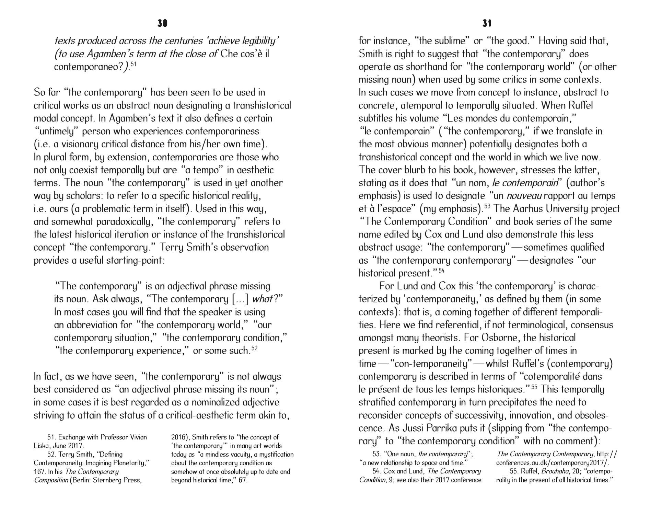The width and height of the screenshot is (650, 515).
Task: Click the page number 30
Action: coord(162,23)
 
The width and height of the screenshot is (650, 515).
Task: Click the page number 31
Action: coord(487,23)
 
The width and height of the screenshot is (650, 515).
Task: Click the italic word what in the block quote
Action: coord(262,299)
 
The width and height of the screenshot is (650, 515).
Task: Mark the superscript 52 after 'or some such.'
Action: coord(254,348)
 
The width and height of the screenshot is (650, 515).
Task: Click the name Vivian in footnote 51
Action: coord(138,437)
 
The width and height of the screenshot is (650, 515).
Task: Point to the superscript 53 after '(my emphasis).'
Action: coord(487,206)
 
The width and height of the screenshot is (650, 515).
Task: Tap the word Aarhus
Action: coord(538,209)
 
